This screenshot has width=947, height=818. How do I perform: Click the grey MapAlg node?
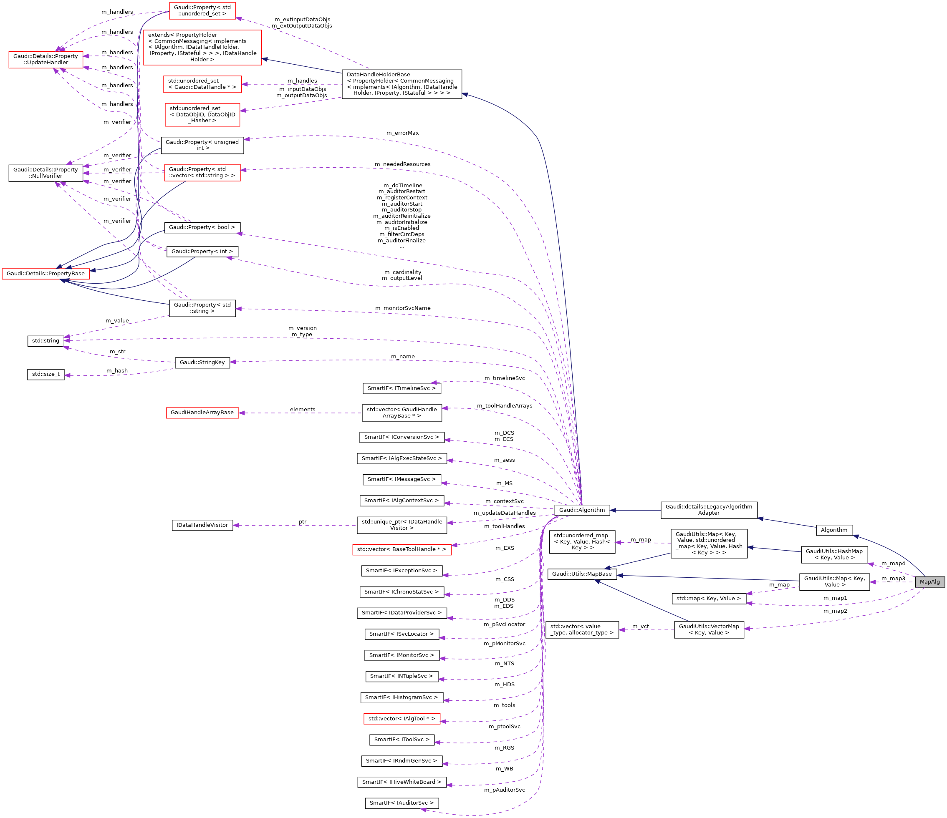[x=929, y=581]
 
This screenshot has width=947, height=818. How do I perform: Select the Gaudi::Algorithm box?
[x=582, y=510]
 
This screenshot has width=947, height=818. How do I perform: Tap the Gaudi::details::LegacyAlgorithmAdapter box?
[x=709, y=510]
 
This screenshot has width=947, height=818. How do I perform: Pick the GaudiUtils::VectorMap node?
[x=709, y=629]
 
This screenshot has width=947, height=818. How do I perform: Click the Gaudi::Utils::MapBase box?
[x=582, y=574]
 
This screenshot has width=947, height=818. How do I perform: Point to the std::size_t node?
[x=46, y=374]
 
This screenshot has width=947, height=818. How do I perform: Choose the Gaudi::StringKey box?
[x=202, y=362]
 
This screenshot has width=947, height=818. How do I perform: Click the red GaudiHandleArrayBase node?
[x=202, y=413]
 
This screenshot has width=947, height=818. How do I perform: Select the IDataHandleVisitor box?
[x=202, y=525]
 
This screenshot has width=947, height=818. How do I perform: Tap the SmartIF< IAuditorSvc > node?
[x=402, y=803]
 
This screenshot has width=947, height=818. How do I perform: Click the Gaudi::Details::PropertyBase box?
[x=46, y=274]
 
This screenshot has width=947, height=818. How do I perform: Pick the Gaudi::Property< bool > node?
[x=202, y=227]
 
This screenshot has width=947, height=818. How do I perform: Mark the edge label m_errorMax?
[x=402, y=133]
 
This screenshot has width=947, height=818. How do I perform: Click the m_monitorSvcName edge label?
[x=403, y=308]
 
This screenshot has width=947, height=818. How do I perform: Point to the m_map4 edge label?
[x=893, y=563]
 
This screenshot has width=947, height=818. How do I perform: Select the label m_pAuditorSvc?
[x=505, y=790]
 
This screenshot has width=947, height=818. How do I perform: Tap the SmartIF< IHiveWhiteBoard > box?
[x=402, y=782]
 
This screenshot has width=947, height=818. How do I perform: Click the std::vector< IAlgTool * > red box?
[x=402, y=718]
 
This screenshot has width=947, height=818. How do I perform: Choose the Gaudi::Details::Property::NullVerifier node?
[x=46, y=173]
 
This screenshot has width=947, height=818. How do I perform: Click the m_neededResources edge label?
[x=402, y=164]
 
